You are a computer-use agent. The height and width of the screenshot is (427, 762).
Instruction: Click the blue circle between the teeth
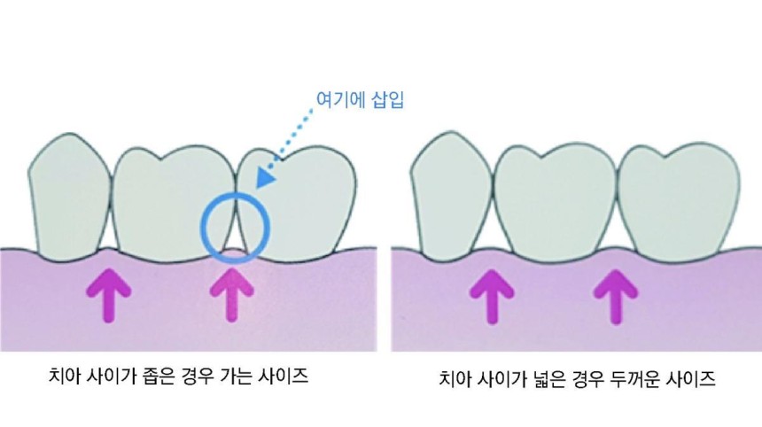tap(203, 228)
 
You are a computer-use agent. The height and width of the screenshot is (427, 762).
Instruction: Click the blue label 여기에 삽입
tap(360, 99)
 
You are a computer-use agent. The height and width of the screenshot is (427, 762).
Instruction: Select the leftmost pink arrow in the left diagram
tap(108, 295)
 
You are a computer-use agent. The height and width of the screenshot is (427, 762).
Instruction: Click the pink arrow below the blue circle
tap(232, 295)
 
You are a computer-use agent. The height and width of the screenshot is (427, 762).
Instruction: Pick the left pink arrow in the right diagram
tap(492, 297)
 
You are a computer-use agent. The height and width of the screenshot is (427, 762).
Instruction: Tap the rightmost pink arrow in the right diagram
tap(616, 297)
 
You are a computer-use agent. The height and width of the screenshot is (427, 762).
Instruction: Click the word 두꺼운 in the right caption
tap(636, 378)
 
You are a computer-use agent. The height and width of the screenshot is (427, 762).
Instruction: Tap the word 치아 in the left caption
tap(65, 376)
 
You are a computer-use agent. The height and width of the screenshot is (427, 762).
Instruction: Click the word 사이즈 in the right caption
tap(691, 378)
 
